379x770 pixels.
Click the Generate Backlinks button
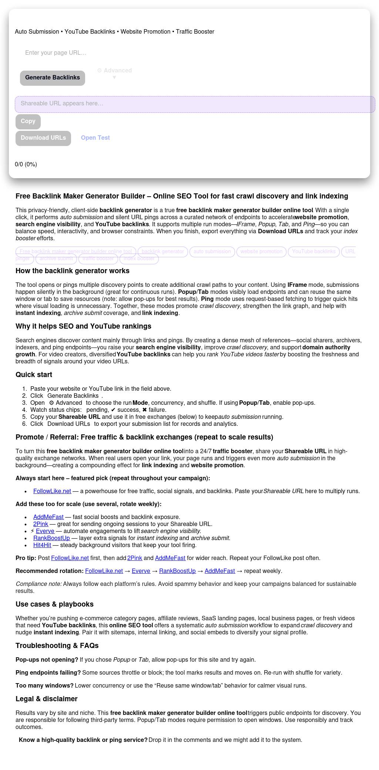pyautogui.click(x=53, y=78)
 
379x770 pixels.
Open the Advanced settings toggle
pyautogui.click(x=114, y=73)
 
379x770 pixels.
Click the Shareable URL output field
pyautogui.click(x=195, y=104)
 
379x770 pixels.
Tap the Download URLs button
pyautogui.click(x=43, y=138)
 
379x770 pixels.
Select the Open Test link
pyautogui.click(x=95, y=138)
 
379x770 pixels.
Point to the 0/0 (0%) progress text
pyautogui.click(x=26, y=164)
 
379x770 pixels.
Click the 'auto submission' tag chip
pyautogui.click(x=212, y=252)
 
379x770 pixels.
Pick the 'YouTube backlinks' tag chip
pyautogui.click(x=313, y=252)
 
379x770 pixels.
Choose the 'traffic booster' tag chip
pyautogui.click(x=98, y=259)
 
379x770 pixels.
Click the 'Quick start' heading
pyautogui.click(x=34, y=375)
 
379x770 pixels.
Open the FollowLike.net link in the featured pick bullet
pyautogui.click(x=52, y=491)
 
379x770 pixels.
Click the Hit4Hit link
pyautogui.click(x=42, y=545)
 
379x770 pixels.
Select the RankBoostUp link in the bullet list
pyautogui.click(x=51, y=538)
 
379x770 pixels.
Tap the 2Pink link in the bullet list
pyautogui.click(x=41, y=524)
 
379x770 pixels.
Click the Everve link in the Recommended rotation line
pyautogui.click(x=141, y=571)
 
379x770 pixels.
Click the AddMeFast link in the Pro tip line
pyautogui.click(x=170, y=558)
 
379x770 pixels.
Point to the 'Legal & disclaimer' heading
pyautogui.click(x=47, y=699)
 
